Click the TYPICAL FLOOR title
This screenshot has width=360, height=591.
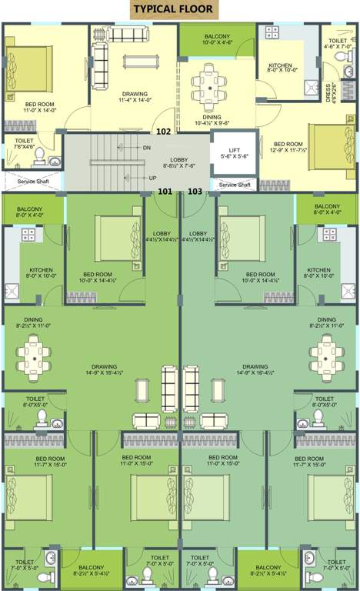tap(175, 9)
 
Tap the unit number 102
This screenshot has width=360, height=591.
tap(164, 131)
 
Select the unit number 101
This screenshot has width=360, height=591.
tap(165, 191)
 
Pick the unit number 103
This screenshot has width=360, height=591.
tap(195, 191)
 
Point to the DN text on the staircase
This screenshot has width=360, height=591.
tap(147, 147)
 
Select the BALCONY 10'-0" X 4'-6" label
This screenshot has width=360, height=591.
tap(217, 40)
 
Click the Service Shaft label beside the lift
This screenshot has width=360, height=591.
tap(234, 185)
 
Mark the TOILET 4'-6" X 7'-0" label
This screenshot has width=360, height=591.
tap(338, 42)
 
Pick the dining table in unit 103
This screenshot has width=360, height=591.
tap(326, 355)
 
